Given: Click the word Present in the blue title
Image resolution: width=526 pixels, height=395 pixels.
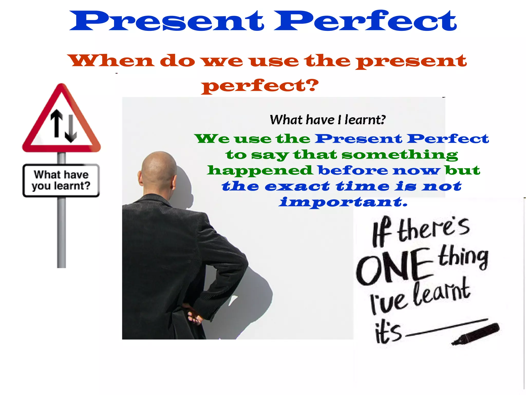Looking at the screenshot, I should coord(166,21).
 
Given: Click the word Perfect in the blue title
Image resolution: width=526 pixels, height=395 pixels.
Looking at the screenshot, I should coord(365,21).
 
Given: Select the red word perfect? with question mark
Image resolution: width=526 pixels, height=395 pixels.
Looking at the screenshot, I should coord(260,86).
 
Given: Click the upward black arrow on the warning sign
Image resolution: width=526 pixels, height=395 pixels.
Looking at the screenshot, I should coord(57,123).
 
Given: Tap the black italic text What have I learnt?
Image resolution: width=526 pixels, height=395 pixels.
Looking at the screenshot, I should coord(328,120).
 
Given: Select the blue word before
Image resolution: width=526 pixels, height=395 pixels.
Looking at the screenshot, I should coord(353,170).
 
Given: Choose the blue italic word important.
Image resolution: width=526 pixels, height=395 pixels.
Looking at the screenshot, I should coord(343,202).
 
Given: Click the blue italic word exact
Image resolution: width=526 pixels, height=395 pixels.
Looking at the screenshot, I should coord(297,186).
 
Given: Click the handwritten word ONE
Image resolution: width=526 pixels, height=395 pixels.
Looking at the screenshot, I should coord(393,267).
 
